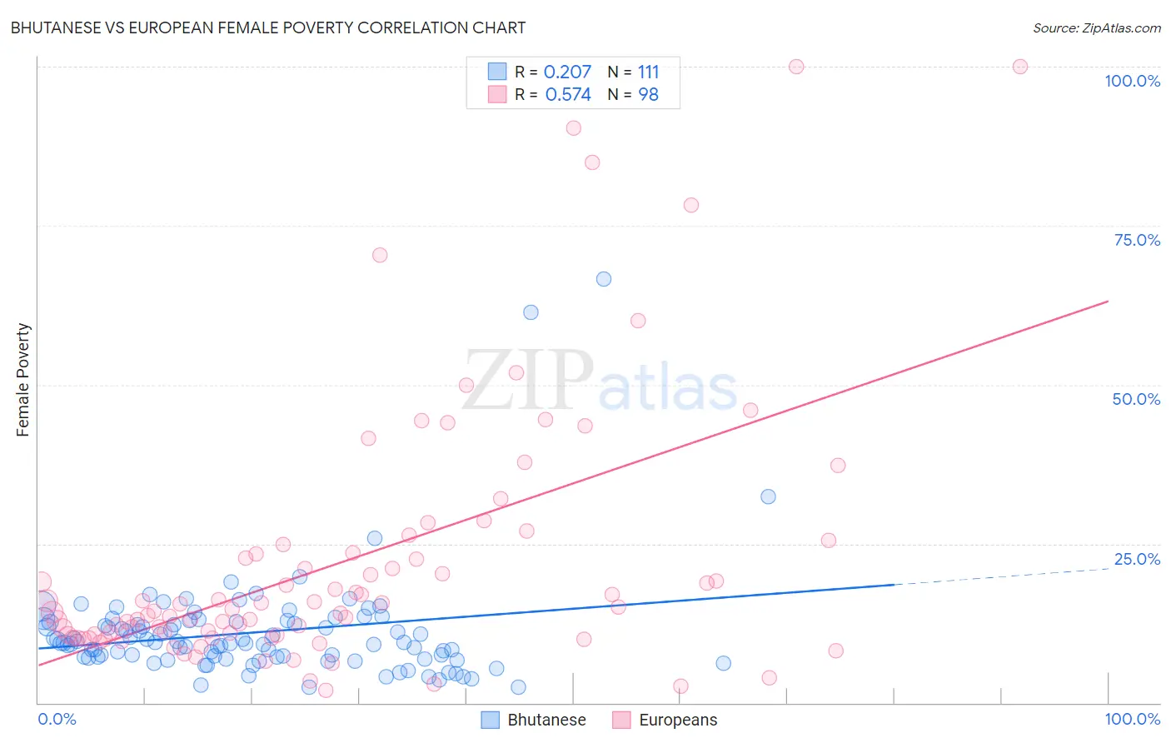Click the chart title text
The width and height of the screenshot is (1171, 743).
click(x=267, y=27)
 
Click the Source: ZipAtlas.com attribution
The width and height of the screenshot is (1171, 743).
click(x=1096, y=27)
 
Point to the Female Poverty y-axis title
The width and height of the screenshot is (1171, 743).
click(x=23, y=380)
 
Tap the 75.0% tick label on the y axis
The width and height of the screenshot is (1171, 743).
click(x=1137, y=240)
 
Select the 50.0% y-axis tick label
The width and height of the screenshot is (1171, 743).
click(x=1136, y=399)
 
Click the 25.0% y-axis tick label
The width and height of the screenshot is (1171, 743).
click(x=1137, y=559)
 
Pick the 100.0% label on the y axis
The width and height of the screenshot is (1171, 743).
click(x=1132, y=81)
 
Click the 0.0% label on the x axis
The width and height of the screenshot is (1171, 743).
click(x=57, y=719)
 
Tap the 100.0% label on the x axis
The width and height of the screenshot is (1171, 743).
click(x=1132, y=719)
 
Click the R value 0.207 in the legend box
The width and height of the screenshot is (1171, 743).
click(x=567, y=72)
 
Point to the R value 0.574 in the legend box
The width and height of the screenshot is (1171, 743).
click(x=568, y=95)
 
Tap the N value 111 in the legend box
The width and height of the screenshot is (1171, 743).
click(x=648, y=72)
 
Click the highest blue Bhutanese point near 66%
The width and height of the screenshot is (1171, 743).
click(x=604, y=279)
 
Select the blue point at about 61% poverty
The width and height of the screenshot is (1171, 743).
click(x=531, y=312)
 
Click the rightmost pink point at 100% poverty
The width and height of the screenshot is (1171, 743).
click(x=1020, y=67)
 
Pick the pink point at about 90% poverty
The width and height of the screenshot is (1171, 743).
click(x=573, y=128)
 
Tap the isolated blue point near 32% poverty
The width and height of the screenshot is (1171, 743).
click(x=768, y=496)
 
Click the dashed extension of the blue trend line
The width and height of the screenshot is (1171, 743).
click(x=999, y=576)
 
